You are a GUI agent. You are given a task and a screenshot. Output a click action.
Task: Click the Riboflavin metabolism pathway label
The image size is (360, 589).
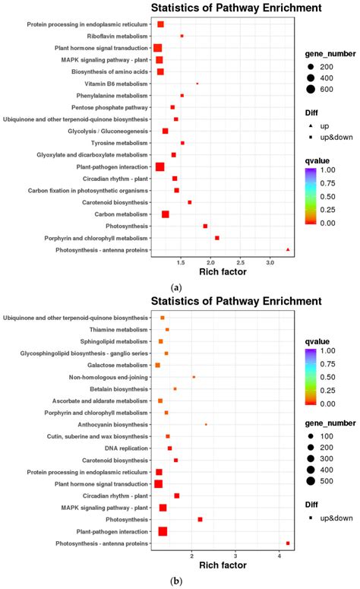[118, 36]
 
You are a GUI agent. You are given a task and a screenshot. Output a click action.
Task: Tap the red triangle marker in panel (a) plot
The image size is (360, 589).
[288, 249]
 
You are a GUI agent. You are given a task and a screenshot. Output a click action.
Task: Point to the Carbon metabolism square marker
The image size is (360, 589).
[165, 214]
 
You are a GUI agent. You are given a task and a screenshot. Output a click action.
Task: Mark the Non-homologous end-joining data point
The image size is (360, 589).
[194, 377]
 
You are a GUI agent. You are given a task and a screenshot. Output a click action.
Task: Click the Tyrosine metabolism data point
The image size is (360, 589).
[182, 143]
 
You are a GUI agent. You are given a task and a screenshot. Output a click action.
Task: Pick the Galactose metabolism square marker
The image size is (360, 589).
[157, 366]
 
